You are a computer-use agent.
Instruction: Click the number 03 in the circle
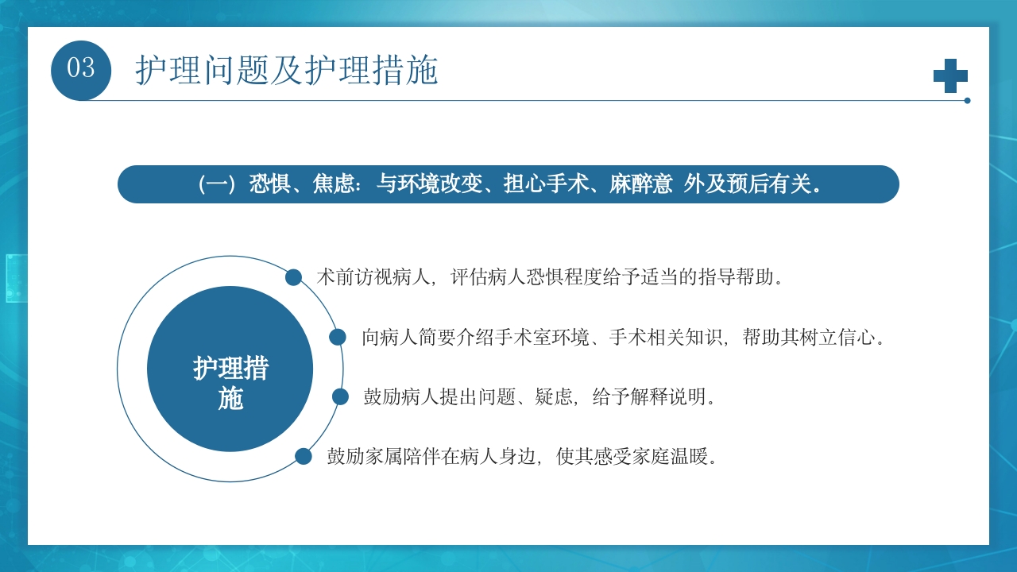pos(80,69)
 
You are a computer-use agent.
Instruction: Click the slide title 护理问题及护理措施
pos(286,71)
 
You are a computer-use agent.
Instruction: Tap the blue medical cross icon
pos(950,75)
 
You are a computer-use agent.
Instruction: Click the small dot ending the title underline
pos(967,101)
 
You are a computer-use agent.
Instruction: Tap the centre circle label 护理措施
pos(230,383)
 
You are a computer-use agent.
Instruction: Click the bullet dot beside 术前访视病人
pos(293,277)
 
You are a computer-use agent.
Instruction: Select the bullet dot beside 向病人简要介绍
pos(338,337)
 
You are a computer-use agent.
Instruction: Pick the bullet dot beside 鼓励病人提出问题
pos(340,396)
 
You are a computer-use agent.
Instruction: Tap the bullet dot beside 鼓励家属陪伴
pos(304,456)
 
